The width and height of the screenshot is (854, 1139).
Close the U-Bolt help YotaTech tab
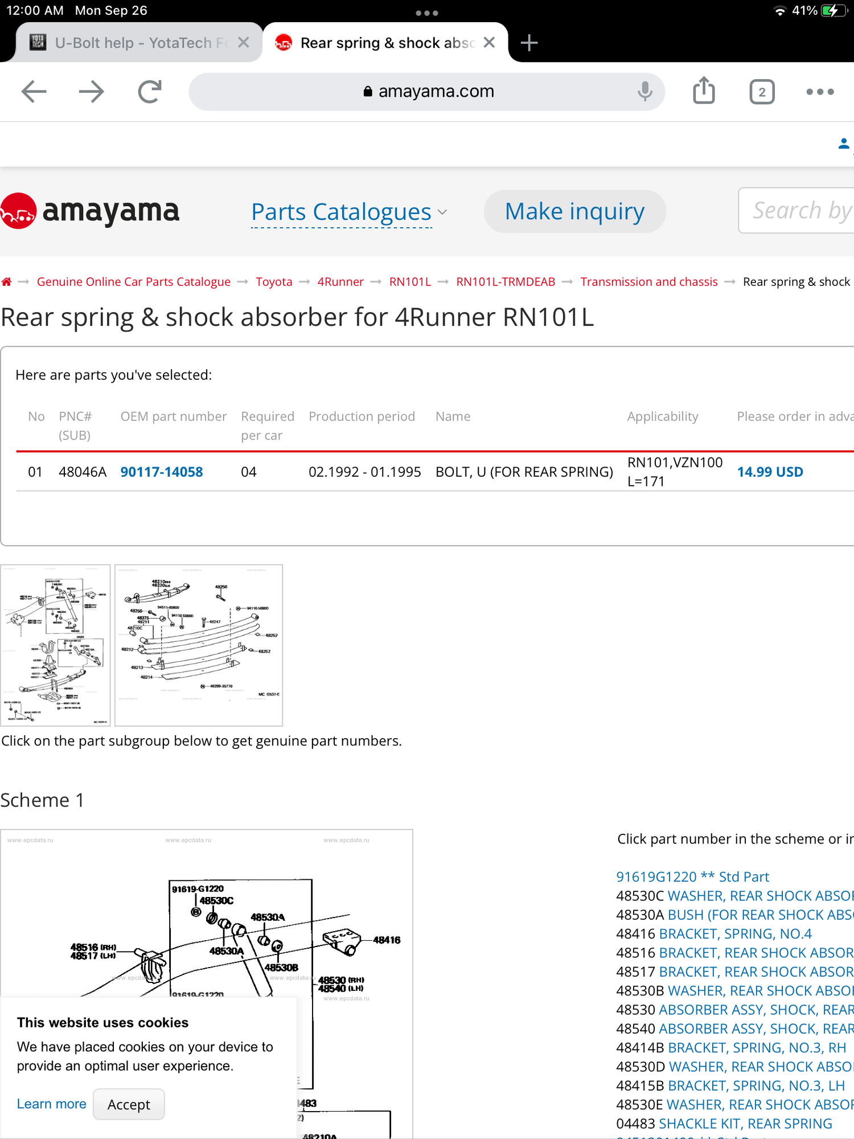[244, 43]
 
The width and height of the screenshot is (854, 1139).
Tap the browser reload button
[150, 92]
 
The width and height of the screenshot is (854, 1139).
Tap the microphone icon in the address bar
[644, 91]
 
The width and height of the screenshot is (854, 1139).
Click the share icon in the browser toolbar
[704, 91]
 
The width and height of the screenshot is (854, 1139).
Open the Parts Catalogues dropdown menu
[348, 212]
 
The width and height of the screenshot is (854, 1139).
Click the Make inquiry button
[574, 212]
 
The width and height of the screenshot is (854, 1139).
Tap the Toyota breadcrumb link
[274, 282]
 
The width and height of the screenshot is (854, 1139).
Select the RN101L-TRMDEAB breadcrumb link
[506, 282]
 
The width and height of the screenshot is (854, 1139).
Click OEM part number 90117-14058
[162, 472]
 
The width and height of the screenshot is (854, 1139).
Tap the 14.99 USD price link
[770, 472]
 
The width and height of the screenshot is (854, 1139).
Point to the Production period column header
[362, 417]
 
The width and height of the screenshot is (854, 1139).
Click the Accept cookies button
[129, 1105]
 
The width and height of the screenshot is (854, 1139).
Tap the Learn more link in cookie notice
[51, 1104]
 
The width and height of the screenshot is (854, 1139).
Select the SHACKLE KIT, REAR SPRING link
[745, 1124]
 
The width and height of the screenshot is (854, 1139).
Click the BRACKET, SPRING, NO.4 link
[735, 934]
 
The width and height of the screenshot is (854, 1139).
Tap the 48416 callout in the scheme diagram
[387, 940]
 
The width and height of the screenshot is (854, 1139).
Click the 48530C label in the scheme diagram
[216, 901]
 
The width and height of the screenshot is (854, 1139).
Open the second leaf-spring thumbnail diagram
[199, 645]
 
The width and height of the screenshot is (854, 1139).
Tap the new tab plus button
[529, 43]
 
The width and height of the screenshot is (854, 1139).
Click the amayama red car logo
[18, 211]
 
